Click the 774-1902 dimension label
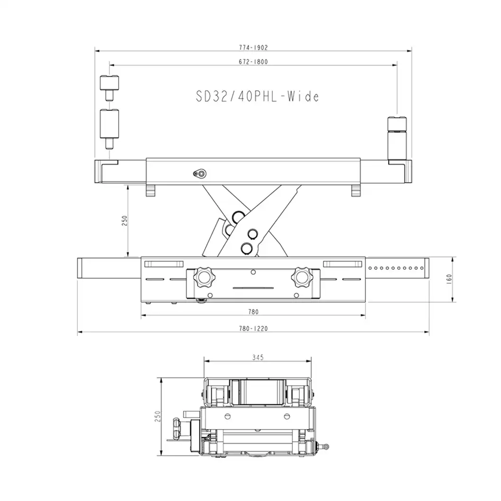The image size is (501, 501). point(253,47)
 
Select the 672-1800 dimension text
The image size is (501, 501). point(253,62)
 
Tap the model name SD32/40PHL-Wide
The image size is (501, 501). point(258,96)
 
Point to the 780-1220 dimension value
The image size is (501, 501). point(253,328)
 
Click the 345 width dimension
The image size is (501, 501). point(258,357)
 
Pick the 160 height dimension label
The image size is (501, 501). point(449,279)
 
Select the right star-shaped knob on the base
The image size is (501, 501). point(301,277)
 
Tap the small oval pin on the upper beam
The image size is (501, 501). point(200,174)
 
